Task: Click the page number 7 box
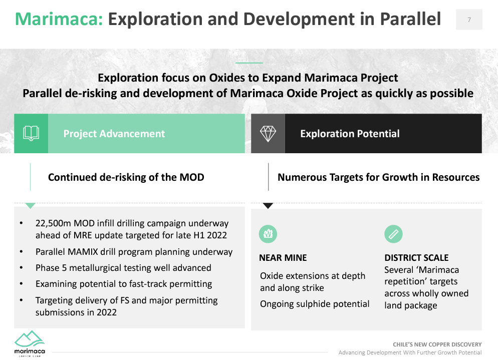[469, 20]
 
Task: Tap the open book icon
[31, 133]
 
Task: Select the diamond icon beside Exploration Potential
[268, 133]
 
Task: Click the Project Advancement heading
[114, 134]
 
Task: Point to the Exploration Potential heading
[350, 134]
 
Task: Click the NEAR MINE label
[283, 258]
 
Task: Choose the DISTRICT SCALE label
[416, 258]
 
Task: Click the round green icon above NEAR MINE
[268, 234]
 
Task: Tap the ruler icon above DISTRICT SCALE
[393, 234]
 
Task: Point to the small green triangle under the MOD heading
[30, 205]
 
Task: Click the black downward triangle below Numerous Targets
[268, 205]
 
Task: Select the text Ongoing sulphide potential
[315, 304]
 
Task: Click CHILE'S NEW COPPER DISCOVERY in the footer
[437, 344]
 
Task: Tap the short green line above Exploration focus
[249, 63]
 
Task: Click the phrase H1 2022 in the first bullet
[209, 235]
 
